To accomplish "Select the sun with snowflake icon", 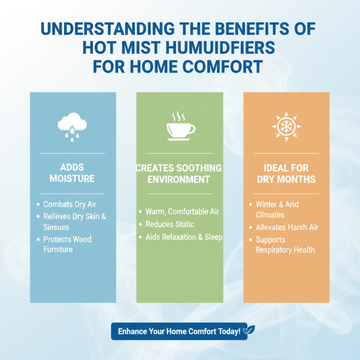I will (x=286, y=126).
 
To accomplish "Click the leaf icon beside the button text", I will (x=246, y=331).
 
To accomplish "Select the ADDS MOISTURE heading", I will (x=72, y=173).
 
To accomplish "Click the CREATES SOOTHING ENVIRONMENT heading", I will (x=180, y=174).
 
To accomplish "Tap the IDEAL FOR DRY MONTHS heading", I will (x=286, y=174).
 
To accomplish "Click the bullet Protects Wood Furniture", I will (x=67, y=244).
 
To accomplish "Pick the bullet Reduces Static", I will (x=169, y=224).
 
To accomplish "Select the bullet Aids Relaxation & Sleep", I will (x=184, y=237).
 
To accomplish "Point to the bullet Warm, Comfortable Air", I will (x=182, y=211).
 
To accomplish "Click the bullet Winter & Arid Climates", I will (x=277, y=209).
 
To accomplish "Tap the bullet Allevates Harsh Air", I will (x=287, y=227).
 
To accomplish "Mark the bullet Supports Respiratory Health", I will (x=285, y=245).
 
